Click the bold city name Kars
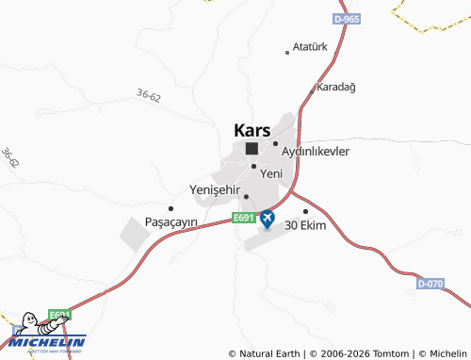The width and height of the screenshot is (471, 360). (x=251, y=131)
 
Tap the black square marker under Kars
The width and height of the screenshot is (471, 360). (x=252, y=149)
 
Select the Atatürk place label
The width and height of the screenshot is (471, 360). (x=309, y=46)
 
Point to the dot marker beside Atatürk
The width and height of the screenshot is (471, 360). (x=287, y=53)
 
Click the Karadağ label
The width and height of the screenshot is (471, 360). (x=336, y=87)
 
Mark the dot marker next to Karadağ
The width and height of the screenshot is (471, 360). (x=313, y=91)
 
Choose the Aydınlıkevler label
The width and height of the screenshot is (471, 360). (x=317, y=151)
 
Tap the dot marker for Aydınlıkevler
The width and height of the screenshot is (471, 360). (x=275, y=144)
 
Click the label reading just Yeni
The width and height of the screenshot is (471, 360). (x=271, y=173)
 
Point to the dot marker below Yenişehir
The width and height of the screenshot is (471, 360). (x=247, y=197)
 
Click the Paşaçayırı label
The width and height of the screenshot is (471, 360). (x=171, y=221)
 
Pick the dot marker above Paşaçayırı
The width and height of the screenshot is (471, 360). (x=171, y=208)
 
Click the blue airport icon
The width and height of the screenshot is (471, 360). (x=268, y=219)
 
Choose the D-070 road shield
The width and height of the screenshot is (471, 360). (x=430, y=283)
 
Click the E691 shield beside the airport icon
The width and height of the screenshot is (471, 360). (x=243, y=219)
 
